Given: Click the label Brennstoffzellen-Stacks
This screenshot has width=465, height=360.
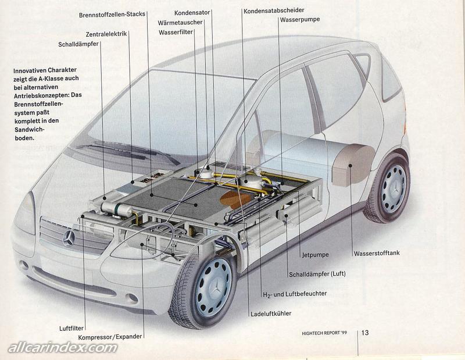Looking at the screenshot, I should coord(112,15).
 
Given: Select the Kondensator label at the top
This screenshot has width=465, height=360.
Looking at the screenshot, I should coord(192,12).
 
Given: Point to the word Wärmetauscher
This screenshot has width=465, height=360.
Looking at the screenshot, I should coord(180,22).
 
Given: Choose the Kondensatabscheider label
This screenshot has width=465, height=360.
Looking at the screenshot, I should coord(274,11).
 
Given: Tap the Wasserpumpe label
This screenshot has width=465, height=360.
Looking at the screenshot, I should coord(299,19).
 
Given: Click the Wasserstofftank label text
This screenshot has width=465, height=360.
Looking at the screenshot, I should coord(377,253).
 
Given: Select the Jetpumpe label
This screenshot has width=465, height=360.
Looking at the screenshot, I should coord(316,255).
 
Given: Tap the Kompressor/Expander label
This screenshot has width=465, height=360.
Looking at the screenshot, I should coord(109,337).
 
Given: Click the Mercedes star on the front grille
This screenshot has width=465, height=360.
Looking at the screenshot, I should coord(69,237).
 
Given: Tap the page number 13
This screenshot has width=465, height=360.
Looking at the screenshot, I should coord(365,333).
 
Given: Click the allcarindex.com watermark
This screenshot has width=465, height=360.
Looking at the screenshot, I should coord(62,348).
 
